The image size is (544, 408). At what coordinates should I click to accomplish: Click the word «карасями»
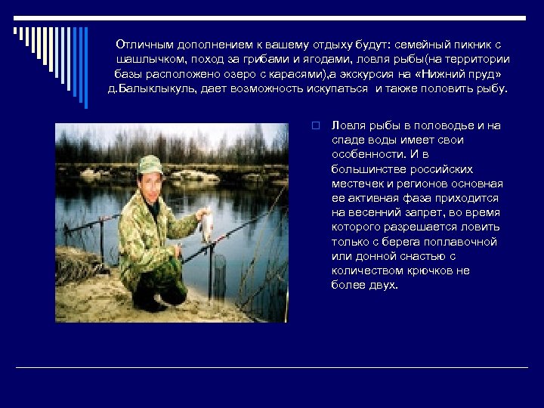pyautogui.click(x=295, y=74)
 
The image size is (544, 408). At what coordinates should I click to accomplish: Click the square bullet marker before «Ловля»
pyautogui.click(x=321, y=125)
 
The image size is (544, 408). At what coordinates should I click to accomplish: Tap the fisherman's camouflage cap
pyautogui.click(x=150, y=164)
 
